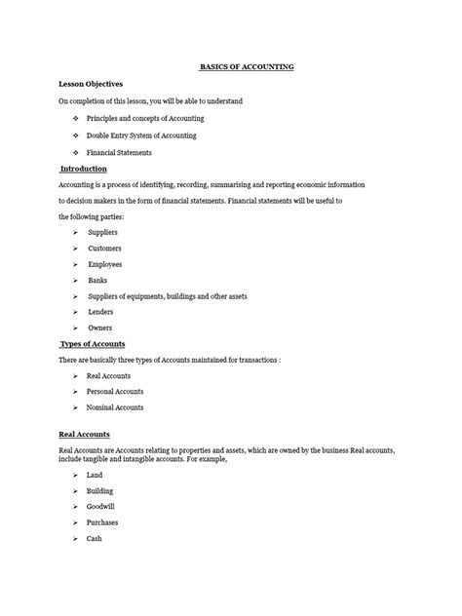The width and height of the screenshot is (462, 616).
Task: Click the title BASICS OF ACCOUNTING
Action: pos(247,67)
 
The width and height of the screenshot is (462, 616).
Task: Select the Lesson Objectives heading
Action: pos(91,84)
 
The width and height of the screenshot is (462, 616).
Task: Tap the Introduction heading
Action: pos(85,168)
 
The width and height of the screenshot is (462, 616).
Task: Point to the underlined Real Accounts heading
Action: pos(85,434)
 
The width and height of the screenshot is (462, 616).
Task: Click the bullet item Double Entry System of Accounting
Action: pos(141,135)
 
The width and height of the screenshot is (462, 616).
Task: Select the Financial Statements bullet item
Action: pos(119,153)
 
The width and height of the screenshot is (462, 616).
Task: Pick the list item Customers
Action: pos(104,249)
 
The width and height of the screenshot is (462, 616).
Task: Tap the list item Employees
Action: pos(105,264)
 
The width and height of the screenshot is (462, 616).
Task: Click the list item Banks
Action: pos(97,280)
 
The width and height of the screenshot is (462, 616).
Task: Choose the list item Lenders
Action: pos(100,312)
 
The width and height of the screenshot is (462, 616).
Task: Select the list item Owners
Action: pos(100,328)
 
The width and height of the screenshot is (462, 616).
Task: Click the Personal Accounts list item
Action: pos(117,392)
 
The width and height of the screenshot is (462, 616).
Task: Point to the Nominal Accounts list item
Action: pos(115,407)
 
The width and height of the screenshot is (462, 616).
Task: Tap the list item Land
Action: pos(95,475)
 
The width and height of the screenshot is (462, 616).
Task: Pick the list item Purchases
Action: pos(102,522)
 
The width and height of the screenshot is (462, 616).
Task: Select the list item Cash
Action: pos(95,538)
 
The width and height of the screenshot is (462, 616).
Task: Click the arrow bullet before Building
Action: pos(75,491)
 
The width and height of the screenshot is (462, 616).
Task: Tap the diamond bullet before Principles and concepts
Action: pos(75,119)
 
